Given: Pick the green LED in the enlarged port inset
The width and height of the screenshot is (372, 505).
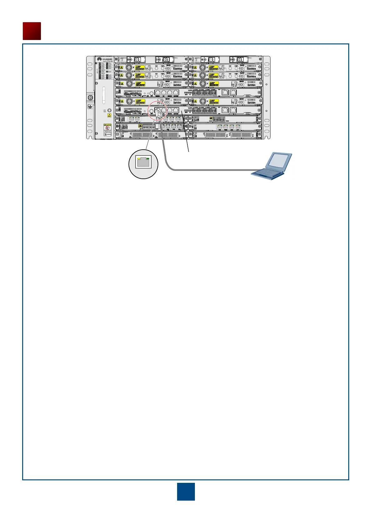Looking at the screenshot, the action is pos(148,159).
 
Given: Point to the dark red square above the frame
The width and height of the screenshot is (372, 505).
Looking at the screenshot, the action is pos(32,31).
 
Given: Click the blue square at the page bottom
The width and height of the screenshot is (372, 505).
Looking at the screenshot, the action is pos(186,492).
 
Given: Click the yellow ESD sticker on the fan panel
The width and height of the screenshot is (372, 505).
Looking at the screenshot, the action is pos(109,115).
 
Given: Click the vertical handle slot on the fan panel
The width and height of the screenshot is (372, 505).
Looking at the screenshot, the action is pos(104,96).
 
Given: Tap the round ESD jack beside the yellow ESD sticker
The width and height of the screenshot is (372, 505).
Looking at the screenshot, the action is pos(110,110).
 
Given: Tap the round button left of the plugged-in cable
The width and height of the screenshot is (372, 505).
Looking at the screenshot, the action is pos(151,111).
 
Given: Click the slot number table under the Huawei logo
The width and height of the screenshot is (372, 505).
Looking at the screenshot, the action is pos(105,71).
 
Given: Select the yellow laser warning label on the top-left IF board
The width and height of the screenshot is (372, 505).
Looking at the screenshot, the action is pos(141,67).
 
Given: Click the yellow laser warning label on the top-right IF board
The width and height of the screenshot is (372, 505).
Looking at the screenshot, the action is pos(214,67).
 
